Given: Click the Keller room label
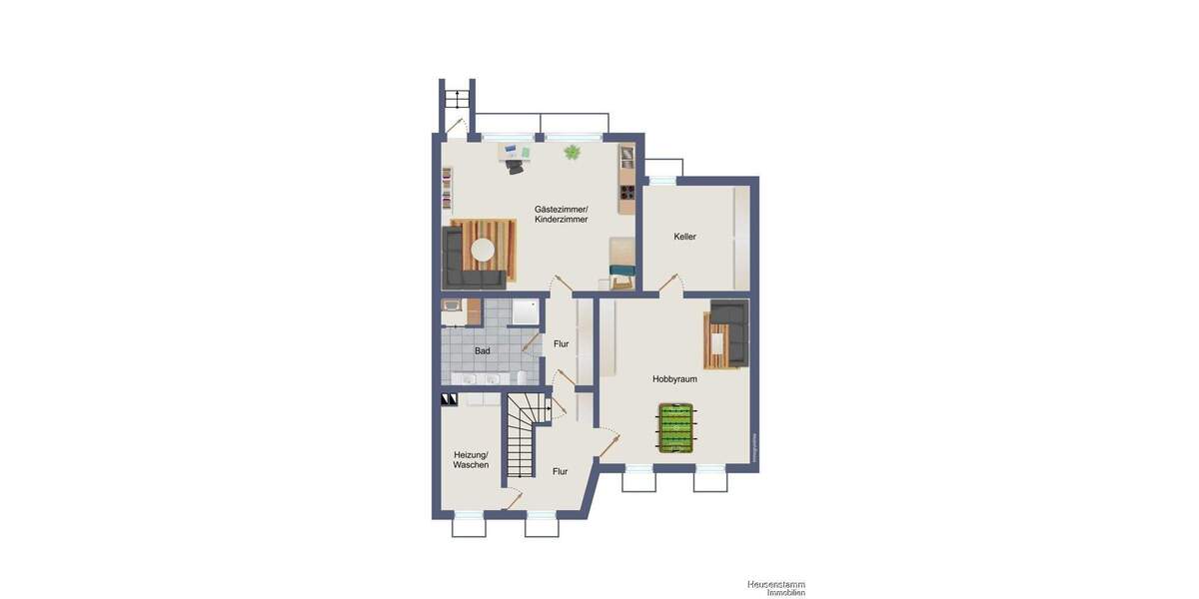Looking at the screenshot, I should pos(684,237).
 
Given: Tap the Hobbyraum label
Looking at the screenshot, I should pos(674,379).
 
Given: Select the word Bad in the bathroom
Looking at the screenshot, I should pos(482,351).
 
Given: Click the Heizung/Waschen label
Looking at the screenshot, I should pos(470,459).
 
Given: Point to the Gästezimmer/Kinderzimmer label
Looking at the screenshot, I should pos(561,214).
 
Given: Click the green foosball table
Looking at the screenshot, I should pos(675,428).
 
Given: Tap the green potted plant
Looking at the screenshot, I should pos(573,153).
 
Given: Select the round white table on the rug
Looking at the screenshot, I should pos(484,250).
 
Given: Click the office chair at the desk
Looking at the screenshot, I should pos(515,167).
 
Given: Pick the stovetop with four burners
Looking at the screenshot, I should pos(626,194).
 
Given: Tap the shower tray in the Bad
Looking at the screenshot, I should pos(526,311).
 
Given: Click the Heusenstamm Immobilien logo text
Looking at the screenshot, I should pos(775,588).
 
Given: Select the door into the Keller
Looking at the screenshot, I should pos(671,283).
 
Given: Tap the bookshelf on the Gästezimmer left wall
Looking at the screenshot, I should pos(447,187).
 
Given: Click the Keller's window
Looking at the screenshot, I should pos(661,181).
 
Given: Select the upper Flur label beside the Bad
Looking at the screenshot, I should pos(561,343).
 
